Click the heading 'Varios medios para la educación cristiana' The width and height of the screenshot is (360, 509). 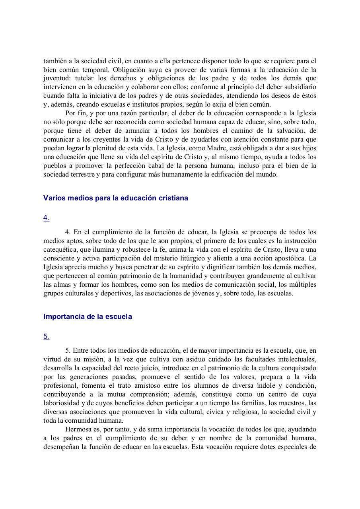115,198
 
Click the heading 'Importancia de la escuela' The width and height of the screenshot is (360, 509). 88,317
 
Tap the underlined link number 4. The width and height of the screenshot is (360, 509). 46,218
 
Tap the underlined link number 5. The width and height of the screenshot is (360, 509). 46,336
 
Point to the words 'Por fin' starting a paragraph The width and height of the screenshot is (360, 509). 74,113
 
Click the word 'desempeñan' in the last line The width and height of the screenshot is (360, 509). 60,447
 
